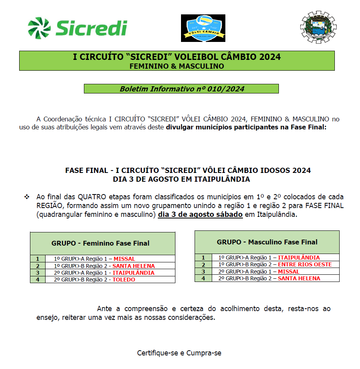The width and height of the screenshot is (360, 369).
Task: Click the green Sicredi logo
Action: [77, 28]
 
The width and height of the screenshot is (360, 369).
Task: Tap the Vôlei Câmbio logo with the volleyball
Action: [203, 28]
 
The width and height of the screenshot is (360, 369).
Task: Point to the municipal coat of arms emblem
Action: [318, 27]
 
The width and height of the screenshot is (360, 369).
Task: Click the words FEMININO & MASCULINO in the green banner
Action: [177, 66]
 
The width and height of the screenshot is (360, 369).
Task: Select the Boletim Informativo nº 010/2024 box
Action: [181, 89]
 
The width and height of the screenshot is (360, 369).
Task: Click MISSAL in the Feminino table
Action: [124, 259]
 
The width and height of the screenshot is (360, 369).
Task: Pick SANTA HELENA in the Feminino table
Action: [133, 266]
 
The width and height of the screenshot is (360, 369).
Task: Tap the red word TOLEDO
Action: [123, 280]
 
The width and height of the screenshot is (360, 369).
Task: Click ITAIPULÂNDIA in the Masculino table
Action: [299, 258]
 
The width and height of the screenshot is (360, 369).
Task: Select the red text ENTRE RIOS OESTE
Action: [305, 264]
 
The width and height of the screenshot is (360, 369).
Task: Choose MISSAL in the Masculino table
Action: [288, 272]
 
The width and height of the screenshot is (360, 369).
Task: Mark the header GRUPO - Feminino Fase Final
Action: [100, 243]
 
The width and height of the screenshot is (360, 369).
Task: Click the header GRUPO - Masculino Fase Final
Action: [267, 242]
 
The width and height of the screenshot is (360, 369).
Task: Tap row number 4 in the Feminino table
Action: [38, 280]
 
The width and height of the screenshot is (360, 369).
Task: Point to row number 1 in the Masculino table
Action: [203, 258]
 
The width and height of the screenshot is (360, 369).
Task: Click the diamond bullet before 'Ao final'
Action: [27, 197]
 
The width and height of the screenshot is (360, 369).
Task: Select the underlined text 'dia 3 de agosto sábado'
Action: [200, 214]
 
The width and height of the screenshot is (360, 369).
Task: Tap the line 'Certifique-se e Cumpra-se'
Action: [179, 353]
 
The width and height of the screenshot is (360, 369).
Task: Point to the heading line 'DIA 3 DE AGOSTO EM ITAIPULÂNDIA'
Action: [181, 179]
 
